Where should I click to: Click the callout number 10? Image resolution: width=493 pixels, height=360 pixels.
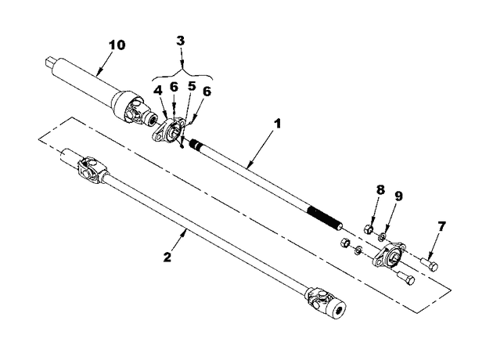coord(117,45)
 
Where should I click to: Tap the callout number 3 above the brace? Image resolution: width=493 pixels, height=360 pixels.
coord(181,41)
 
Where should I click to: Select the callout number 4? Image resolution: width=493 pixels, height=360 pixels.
coord(158,90)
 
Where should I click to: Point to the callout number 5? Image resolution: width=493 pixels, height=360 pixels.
coord(192,86)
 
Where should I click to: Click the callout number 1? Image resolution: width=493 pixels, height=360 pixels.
coord(277,124)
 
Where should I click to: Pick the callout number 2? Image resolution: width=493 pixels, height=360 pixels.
coord(167,257)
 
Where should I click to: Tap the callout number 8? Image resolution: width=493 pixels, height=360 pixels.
coord(380,190)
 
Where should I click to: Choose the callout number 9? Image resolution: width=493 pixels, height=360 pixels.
coord(398,196)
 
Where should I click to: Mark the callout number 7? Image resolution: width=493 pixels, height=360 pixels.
coord(442,226)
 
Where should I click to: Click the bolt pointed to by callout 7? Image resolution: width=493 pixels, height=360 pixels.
coord(430,265)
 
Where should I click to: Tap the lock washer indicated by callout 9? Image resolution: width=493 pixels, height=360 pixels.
coord(382,236)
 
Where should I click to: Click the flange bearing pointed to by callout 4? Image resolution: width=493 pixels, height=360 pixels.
coord(168,131)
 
